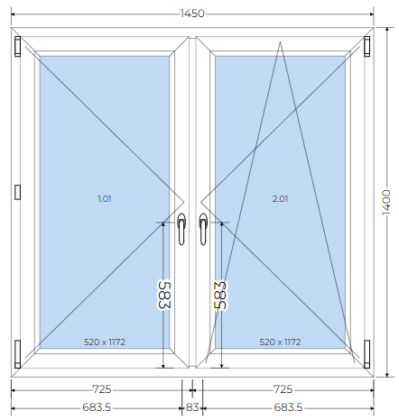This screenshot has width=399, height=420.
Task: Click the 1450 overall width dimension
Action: [x=192, y=14]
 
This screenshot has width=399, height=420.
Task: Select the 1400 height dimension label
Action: [x=386, y=202]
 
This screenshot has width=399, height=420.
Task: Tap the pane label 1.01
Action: [x=105, y=198]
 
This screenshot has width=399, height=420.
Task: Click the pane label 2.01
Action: [x=280, y=198]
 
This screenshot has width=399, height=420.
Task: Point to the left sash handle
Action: [x=181, y=229]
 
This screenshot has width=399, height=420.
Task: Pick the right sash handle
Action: [x=203, y=229]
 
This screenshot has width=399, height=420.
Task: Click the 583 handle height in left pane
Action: [x=164, y=295]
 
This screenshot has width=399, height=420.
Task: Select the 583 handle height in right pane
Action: [x=220, y=295]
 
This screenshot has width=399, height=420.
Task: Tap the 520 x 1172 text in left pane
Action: [x=105, y=342]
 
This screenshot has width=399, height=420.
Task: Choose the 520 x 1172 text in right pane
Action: [x=280, y=342]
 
